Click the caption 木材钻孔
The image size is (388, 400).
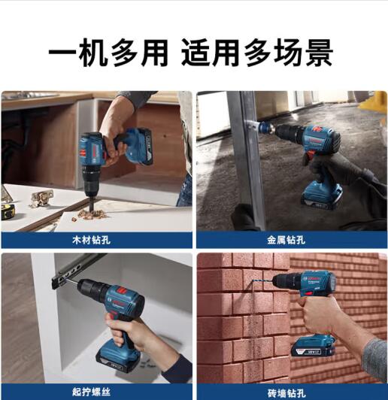click(91, 240)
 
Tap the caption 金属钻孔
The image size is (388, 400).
click(286, 240)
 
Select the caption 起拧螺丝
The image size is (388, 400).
click(91, 392)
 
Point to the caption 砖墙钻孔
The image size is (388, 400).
click(286, 392)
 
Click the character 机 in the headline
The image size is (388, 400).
click(92, 53)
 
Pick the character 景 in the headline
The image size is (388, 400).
click(319, 53)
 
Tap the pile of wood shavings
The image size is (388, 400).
click(92, 214)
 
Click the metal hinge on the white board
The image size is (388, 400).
click(42, 198)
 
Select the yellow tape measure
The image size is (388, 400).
click(8, 211)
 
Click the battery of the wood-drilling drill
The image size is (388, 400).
click(139, 147)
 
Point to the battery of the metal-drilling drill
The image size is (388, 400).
click(322, 196)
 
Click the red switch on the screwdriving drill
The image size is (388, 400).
click(121, 290)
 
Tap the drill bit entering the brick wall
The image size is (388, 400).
click(262, 283)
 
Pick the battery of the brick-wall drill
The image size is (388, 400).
click(314, 347)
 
